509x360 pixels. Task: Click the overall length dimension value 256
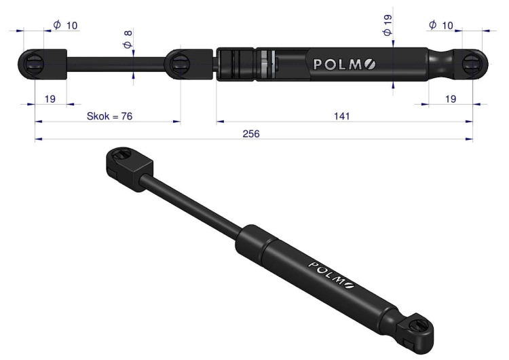251,134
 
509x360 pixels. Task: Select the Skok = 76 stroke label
109,116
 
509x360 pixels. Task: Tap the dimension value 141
341,116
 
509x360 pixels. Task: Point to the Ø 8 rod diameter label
127,39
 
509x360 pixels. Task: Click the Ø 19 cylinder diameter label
388,25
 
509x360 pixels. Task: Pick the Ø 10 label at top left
65,25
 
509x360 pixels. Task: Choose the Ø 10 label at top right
441,25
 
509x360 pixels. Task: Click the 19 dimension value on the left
50,98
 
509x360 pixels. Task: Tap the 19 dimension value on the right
450,98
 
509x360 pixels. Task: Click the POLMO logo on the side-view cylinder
344,65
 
